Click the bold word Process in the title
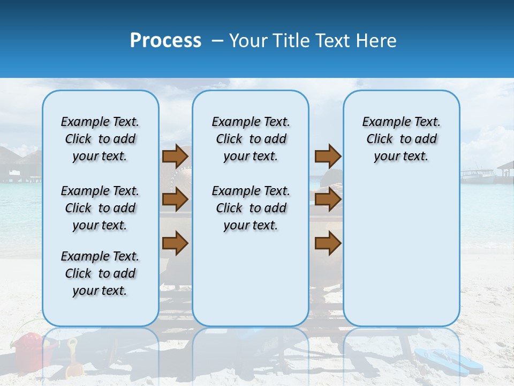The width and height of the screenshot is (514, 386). click(165, 41)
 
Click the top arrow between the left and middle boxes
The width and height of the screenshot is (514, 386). click(175, 156)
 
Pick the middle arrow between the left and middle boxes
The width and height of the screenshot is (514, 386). click(175, 200)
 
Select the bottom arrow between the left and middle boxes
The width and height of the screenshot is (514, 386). click(175, 243)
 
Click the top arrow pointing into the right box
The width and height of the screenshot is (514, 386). click(328, 156)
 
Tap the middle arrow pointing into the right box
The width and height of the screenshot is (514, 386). click(328, 200)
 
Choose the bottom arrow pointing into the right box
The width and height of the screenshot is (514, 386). click(328, 243)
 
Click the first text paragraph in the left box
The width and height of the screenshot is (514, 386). click(100, 139)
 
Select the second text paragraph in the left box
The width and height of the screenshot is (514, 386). click(100, 208)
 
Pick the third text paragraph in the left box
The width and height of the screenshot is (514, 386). click(100, 273)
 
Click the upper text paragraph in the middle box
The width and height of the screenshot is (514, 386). click(251, 139)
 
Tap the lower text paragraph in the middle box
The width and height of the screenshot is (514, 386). click(251, 208)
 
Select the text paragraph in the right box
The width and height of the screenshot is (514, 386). click(401, 139)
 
